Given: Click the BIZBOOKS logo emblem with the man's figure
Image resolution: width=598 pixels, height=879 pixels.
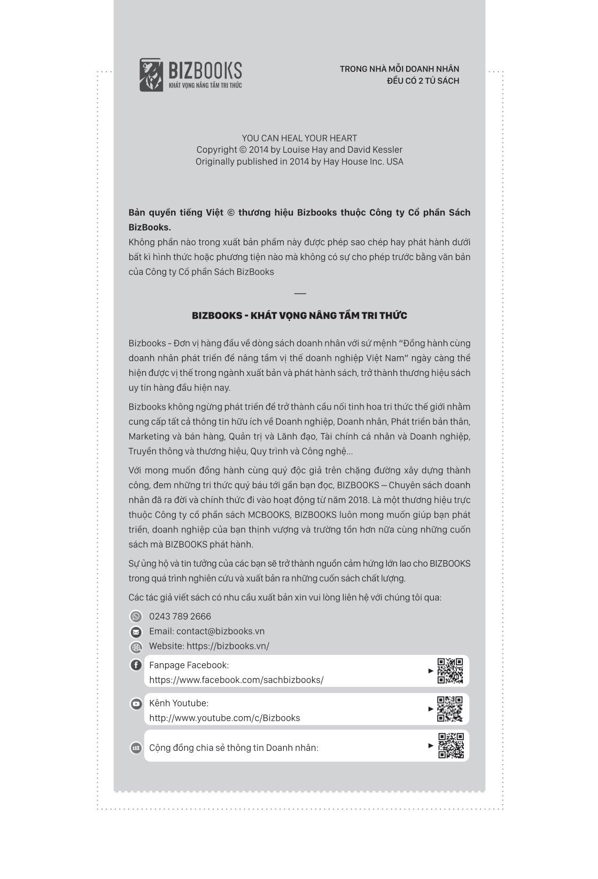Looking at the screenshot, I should [151, 75].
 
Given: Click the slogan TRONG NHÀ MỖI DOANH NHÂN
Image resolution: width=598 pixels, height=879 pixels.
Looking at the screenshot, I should [399, 69].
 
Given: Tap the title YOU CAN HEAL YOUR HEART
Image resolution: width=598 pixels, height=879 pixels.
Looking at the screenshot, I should [299, 138].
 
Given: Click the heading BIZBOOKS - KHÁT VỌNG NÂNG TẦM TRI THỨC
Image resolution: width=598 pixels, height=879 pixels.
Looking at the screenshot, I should [299, 316].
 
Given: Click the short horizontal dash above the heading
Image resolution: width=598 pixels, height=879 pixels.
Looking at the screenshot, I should [300, 293].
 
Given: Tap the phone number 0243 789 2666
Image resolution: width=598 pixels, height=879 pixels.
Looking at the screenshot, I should [180, 616].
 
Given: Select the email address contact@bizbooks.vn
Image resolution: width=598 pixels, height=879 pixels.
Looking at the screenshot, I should [220, 631].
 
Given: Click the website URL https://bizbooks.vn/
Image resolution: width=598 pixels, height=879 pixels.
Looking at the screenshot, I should [228, 646].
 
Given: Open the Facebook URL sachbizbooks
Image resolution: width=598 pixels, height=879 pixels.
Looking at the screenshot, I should [236, 680].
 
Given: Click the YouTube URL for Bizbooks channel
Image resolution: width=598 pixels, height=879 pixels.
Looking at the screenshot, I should [224, 718].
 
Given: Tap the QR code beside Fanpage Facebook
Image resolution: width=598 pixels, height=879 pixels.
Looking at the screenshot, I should [450, 671].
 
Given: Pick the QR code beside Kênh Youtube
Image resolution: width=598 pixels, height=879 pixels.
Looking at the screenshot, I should [450, 709].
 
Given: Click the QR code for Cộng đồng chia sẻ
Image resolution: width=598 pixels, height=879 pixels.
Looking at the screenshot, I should [451, 745].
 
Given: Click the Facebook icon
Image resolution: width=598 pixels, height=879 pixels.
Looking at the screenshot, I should [136, 665].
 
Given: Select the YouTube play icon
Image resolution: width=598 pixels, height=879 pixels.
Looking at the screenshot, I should [136, 704].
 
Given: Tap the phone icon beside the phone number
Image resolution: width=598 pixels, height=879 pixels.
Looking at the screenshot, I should [136, 616].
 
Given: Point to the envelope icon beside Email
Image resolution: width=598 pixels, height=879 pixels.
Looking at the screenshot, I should [136, 632].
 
